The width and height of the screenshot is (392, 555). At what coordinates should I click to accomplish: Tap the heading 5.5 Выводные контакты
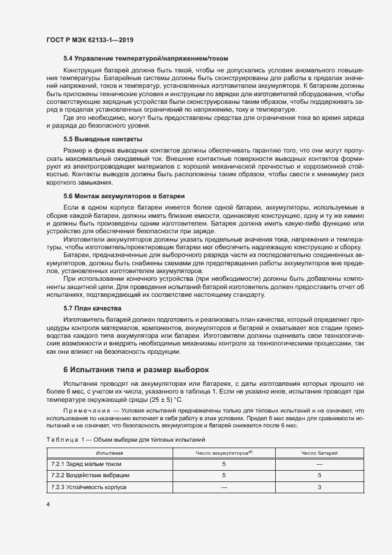(103, 139)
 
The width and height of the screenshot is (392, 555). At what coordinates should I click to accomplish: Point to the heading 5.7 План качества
(92, 309)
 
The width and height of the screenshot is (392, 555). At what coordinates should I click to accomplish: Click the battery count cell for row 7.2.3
(319, 487)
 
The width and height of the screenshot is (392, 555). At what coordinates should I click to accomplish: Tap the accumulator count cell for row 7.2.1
(224, 464)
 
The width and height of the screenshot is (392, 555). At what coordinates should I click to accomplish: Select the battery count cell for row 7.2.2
(319, 475)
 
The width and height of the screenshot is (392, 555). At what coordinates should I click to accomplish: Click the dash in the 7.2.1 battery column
(319, 464)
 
